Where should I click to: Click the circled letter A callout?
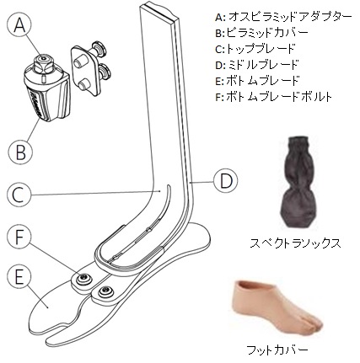pyautogui.click(x=19, y=25)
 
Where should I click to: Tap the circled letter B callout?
pyautogui.click(x=20, y=152)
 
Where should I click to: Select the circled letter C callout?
pyautogui.click(x=19, y=195)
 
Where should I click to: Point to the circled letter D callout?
pyautogui.click(x=225, y=181)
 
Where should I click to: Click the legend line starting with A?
pyautogui.click(x=283, y=17)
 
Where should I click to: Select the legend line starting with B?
pyautogui.click(x=261, y=33)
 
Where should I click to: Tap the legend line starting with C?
pyautogui.click(x=255, y=49)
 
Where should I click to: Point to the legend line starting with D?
pyautogui.click(x=256, y=65)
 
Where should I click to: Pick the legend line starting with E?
pyautogui.click(x=257, y=81)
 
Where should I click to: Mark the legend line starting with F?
pyautogui.click(x=273, y=97)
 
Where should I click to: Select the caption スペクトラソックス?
pyautogui.click(x=295, y=243)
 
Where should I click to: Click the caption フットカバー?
pyautogui.click(x=277, y=350)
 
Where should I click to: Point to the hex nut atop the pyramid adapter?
pyautogui.click(x=43, y=60)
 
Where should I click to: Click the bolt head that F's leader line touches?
pyautogui.click(x=83, y=278)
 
